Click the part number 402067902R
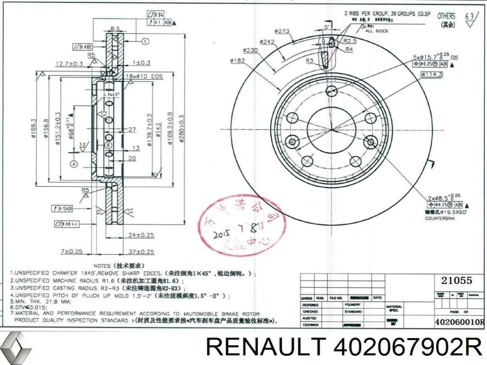pos(408,348)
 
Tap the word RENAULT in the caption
pos(265,348)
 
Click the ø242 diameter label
pos(268,41)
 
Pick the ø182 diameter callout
pos(238,60)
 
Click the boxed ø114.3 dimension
pos(432,74)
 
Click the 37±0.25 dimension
pos(141,251)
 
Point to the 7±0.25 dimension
pos(71,251)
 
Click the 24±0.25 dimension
pos(141,235)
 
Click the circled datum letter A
pos(74,163)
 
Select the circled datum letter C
pos(145,41)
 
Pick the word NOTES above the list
pos(102,266)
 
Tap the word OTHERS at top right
pos(446,16)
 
